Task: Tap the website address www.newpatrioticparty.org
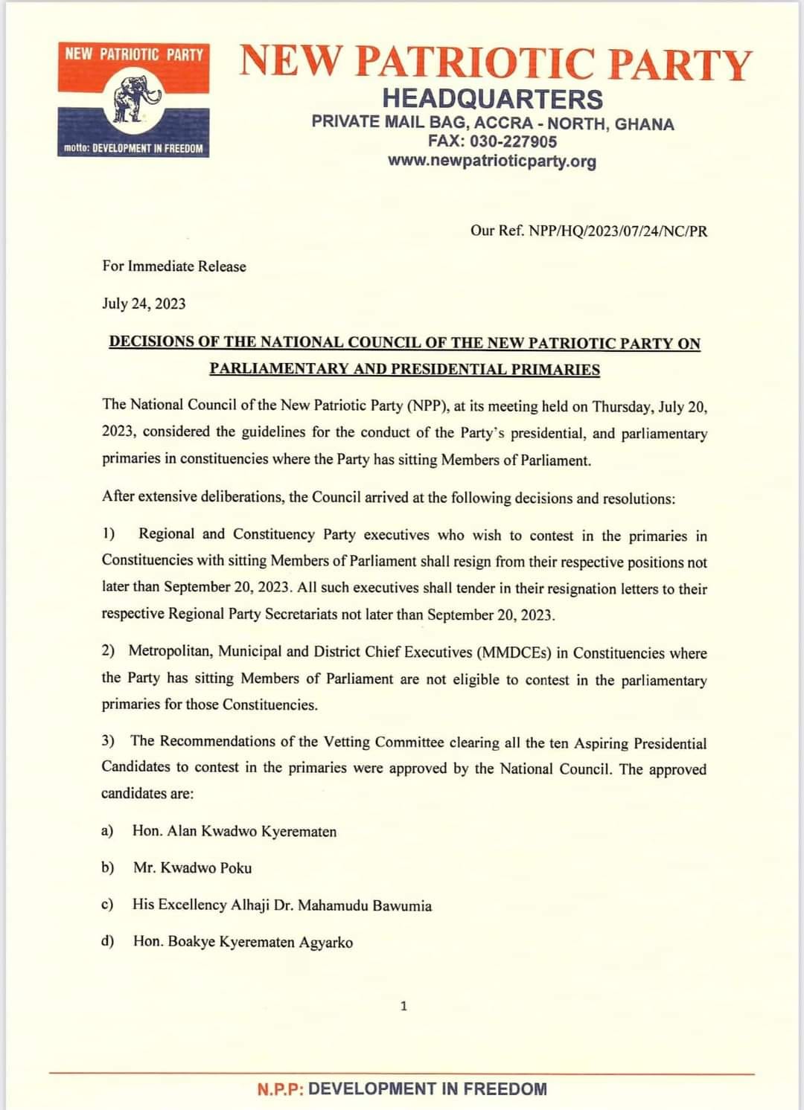pyautogui.click(x=491, y=161)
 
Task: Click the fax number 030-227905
pyautogui.click(x=513, y=142)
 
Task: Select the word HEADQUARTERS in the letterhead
pyautogui.click(x=492, y=99)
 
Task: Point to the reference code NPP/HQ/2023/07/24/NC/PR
pyautogui.click(x=618, y=231)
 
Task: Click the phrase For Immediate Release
pyautogui.click(x=174, y=266)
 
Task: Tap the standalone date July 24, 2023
pyautogui.click(x=144, y=304)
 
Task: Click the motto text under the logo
pyautogui.click(x=133, y=149)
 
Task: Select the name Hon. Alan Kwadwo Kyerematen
pyautogui.click(x=234, y=831)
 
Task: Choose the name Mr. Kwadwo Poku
pyautogui.click(x=192, y=868)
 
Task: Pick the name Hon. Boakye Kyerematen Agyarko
pyautogui.click(x=243, y=942)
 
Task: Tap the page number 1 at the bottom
pyautogui.click(x=403, y=1007)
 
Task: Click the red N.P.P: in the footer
pyautogui.click(x=280, y=1089)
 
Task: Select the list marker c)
pyautogui.click(x=107, y=905)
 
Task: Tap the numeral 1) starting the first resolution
pyautogui.click(x=109, y=533)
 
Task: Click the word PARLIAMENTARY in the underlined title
pyautogui.click(x=268, y=369)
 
